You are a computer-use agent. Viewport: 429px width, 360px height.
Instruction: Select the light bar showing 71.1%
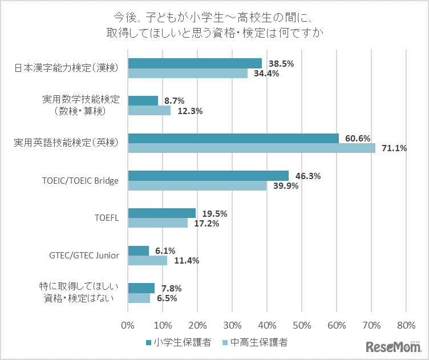pos(251,148)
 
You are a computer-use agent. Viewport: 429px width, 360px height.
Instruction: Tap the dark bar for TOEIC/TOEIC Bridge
pos(208,176)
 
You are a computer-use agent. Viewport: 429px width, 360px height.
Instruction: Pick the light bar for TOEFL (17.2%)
pos(157,223)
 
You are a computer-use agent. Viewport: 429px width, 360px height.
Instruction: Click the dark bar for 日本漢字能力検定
pos(195,63)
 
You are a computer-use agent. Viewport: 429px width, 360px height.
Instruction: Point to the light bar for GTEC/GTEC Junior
pos(147,261)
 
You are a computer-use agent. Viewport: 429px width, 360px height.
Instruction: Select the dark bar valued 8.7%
pos(143,101)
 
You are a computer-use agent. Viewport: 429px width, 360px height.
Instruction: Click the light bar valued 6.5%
pos(139,298)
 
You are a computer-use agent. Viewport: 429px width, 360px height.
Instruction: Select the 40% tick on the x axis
pos(266,326)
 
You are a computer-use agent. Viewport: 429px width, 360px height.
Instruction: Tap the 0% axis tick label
pos(128,326)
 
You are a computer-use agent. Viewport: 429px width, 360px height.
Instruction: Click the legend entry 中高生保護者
pos(254,343)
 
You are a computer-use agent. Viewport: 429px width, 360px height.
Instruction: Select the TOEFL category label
pos(106,218)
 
